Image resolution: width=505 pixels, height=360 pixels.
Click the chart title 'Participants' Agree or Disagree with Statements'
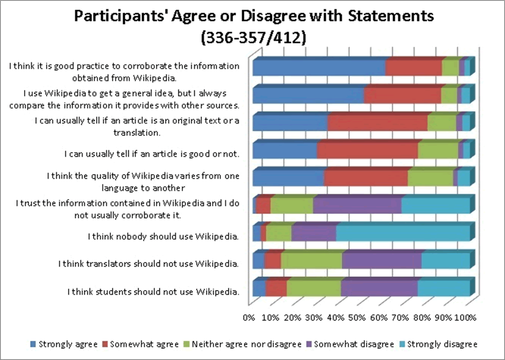point(254,16)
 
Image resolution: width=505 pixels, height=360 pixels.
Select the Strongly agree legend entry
point(64,344)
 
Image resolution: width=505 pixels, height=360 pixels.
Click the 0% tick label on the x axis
point(250,318)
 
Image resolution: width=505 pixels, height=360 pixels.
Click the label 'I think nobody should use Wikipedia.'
point(164,236)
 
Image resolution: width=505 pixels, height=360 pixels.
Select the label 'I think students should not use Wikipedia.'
point(153,292)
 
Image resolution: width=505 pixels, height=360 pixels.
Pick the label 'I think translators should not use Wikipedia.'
point(149,264)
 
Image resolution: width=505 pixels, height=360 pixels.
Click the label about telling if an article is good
point(152,153)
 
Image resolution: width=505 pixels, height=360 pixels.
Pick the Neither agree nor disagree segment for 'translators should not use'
point(311,261)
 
